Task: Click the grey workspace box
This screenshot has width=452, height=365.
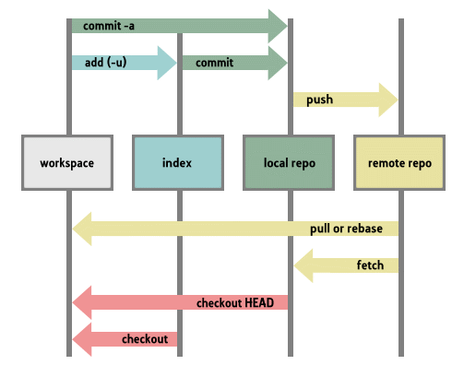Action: pos(67,163)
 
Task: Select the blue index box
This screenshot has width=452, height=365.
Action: pos(177,163)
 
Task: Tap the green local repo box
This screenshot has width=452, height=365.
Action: pos(289,163)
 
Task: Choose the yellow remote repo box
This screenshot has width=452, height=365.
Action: pos(399,163)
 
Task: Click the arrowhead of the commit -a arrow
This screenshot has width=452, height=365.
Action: pos(277,26)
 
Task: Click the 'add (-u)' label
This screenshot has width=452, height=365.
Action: pos(107,63)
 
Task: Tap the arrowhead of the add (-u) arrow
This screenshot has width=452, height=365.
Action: pos(166,63)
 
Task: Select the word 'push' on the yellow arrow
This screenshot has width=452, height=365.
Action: pos(319,100)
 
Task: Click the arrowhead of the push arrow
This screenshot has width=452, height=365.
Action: pos(387,100)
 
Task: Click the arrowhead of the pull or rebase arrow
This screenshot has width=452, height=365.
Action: pos(83,228)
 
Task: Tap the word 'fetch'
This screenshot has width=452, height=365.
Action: pos(369,265)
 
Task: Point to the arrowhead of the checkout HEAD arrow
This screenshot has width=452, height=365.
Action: pos(83,302)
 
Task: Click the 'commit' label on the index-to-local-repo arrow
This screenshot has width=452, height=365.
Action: pos(214,63)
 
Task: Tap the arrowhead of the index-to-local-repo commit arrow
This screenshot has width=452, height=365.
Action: pos(277,63)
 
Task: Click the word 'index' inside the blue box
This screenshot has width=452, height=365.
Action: pos(177,163)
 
